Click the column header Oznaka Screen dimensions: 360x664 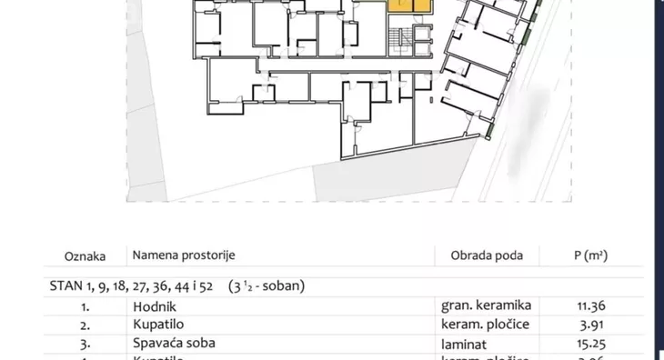(x=85, y=256)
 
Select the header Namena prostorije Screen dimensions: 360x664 (x=186, y=256)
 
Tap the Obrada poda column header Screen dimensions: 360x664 (x=488, y=256)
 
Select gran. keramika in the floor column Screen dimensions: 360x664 (x=486, y=305)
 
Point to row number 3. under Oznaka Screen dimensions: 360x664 (x=84, y=345)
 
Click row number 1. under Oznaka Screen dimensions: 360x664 (x=84, y=305)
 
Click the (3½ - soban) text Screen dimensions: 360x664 (x=267, y=285)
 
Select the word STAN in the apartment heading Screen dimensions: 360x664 (x=64, y=285)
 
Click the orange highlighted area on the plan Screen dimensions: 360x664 (x=409, y=5)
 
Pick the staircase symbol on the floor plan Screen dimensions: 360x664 (x=397, y=41)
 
